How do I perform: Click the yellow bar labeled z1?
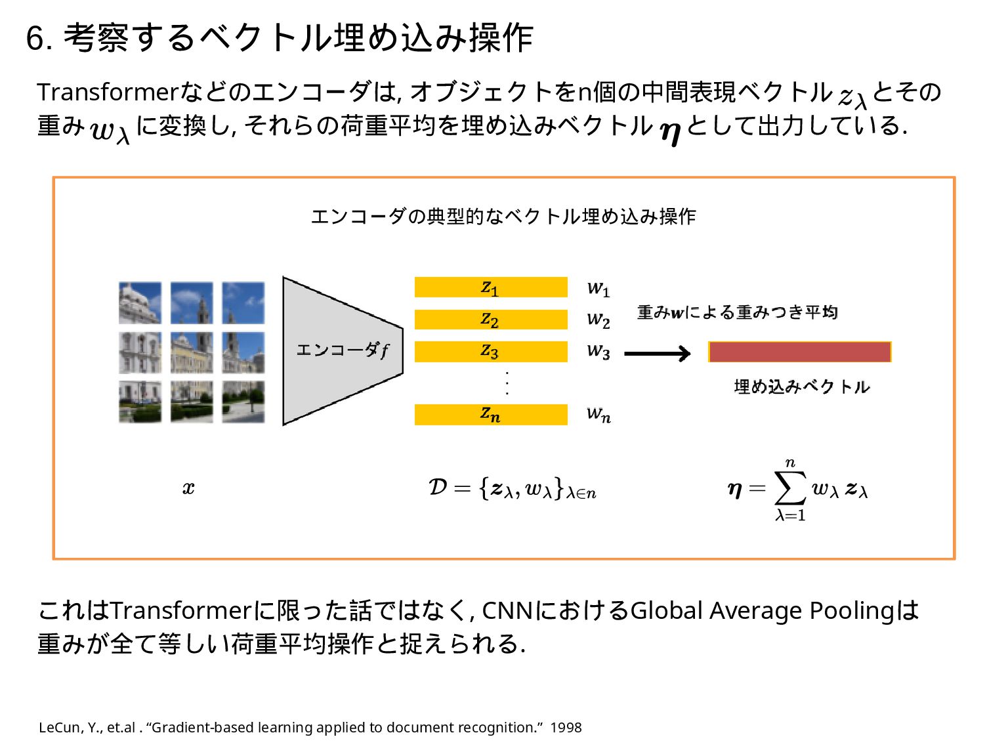[490, 287]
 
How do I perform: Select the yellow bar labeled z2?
[490, 320]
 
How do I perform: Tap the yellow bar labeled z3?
[490, 352]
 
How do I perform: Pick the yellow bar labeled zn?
[490, 415]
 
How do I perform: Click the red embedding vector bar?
[799, 352]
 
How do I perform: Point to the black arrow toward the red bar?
[657, 354]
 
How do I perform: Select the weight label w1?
[598, 288]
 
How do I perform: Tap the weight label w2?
[598, 320]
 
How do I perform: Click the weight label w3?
[598, 352]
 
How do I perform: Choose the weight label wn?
[598, 415]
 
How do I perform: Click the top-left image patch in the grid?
[140, 303]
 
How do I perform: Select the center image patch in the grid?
[192, 352]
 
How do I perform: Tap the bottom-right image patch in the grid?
[243, 402]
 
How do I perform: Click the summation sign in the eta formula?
[790, 488]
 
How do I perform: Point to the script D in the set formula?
[438, 487]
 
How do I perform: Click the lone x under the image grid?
[188, 488]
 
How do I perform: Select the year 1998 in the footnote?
[566, 728]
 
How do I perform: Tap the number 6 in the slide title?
[34, 38]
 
